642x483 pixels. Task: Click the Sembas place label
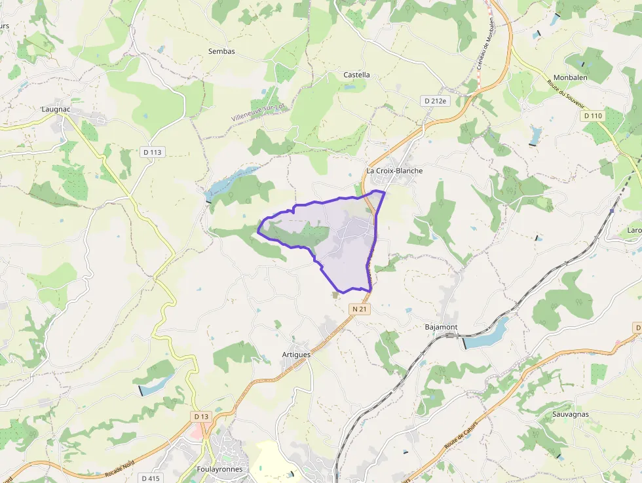point(221,51)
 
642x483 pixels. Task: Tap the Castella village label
point(356,75)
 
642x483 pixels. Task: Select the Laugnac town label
point(55,109)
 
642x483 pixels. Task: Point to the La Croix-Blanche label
point(394,171)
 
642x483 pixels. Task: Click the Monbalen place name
point(570,77)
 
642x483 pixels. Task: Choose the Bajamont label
point(441,326)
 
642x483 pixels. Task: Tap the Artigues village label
point(295,355)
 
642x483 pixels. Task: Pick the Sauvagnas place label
point(570,414)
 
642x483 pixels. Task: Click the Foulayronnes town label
point(219,469)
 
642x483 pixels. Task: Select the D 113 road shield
point(152,152)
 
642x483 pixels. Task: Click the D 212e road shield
point(434,101)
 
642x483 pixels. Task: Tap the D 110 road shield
point(592,115)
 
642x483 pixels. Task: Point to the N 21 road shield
point(360,309)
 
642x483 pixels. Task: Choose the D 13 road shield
point(201,417)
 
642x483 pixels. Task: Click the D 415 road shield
point(150,478)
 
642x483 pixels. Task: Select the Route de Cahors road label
point(463,433)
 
